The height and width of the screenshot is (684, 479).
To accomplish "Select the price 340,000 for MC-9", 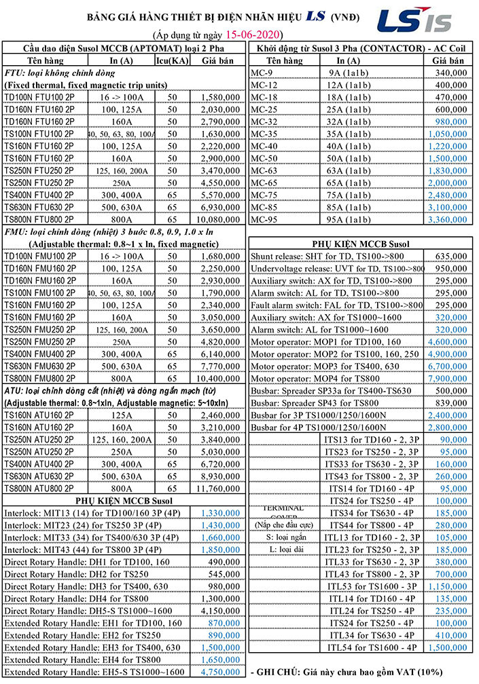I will pos(449,73).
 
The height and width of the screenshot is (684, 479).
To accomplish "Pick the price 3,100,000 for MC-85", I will pos(448,207).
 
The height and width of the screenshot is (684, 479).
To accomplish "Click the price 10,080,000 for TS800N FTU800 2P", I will pos(220,219).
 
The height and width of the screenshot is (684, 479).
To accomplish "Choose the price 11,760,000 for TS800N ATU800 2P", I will pos(220,488).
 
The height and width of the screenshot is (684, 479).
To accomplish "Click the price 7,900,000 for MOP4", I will pos(448,378).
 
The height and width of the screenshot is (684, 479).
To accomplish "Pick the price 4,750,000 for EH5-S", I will pos(220,672).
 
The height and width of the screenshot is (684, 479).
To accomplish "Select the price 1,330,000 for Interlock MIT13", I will pos(220,512).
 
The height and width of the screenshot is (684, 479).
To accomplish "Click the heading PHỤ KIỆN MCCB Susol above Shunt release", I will pos(360,243).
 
